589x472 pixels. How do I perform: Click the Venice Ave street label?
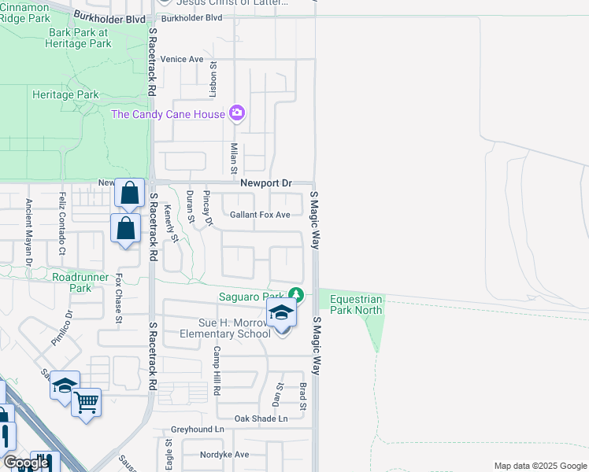point(181,59)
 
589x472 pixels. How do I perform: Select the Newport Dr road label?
point(265,183)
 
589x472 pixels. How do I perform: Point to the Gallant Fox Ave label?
point(260,215)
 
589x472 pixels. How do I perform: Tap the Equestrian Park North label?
point(356,304)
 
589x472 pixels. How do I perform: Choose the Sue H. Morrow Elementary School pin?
point(281,313)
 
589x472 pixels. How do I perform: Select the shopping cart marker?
point(86,403)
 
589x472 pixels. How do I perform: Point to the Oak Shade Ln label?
point(261,419)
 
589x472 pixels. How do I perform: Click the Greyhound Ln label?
point(198,430)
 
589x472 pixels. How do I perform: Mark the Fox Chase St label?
point(119,298)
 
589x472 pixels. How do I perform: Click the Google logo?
point(26,463)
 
